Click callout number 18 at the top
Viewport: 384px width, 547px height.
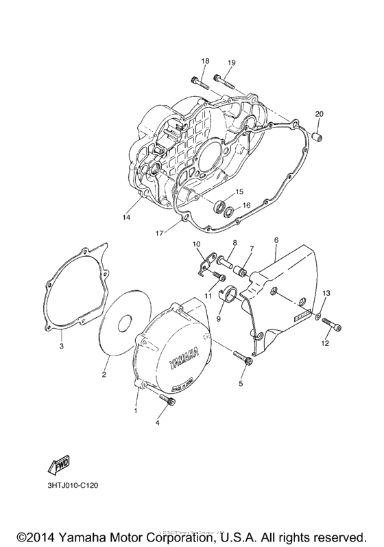(x=204, y=62)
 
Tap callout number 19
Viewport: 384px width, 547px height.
(x=231, y=63)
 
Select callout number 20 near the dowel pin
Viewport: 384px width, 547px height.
(x=319, y=113)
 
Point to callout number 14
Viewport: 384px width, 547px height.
(x=126, y=218)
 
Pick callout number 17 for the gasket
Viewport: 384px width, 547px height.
(x=158, y=233)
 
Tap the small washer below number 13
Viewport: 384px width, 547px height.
(x=318, y=315)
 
